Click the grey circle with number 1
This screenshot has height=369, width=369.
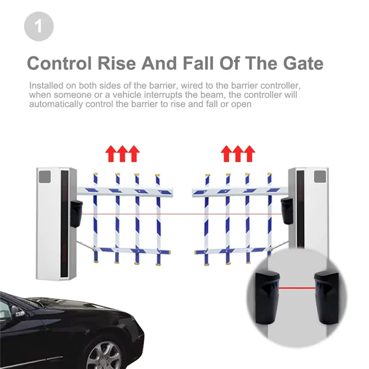pyautogui.click(x=39, y=26)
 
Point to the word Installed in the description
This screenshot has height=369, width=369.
pyautogui.click(x=45, y=86)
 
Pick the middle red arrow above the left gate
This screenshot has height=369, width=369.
pyautogui.click(x=122, y=153)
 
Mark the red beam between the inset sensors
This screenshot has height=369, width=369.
pyautogui.click(x=296, y=288)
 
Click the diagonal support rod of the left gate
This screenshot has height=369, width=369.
pyautogui.click(x=85, y=245)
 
